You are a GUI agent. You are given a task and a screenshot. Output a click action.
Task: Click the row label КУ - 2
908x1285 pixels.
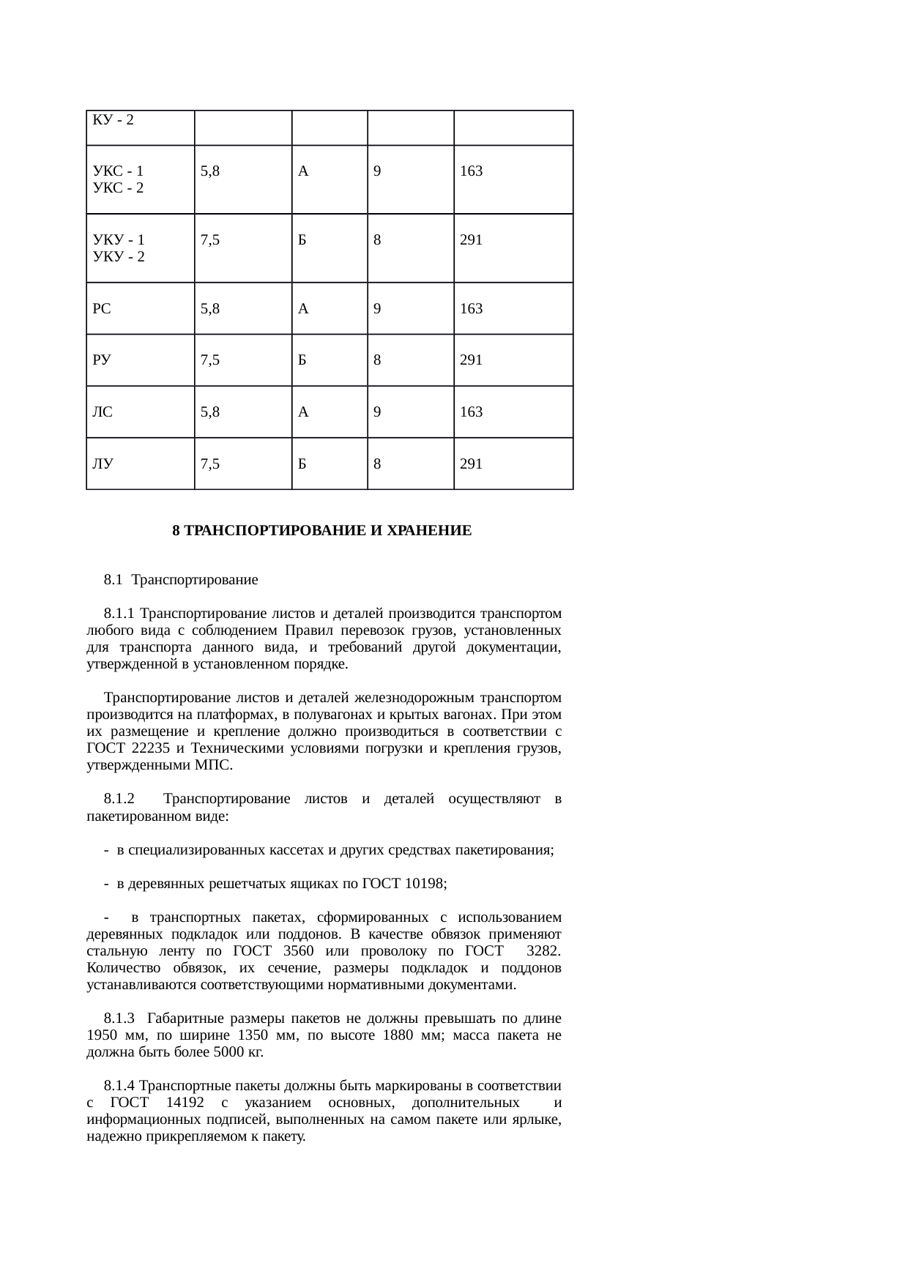pyautogui.click(x=113, y=120)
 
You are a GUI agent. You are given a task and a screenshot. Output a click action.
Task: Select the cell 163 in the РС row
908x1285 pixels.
pyautogui.click(x=471, y=309)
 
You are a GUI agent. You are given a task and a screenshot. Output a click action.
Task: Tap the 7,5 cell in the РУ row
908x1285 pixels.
pyautogui.click(x=210, y=360)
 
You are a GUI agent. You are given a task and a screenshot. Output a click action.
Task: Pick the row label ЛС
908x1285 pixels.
pyautogui.click(x=103, y=412)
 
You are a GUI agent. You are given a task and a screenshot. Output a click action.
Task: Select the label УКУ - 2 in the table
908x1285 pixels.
pyautogui.click(x=119, y=257)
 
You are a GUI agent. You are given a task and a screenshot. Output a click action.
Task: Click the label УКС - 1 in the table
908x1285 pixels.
pyautogui.click(x=118, y=171)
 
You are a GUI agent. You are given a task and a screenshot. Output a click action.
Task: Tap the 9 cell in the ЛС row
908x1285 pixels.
pyautogui.click(x=376, y=412)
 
